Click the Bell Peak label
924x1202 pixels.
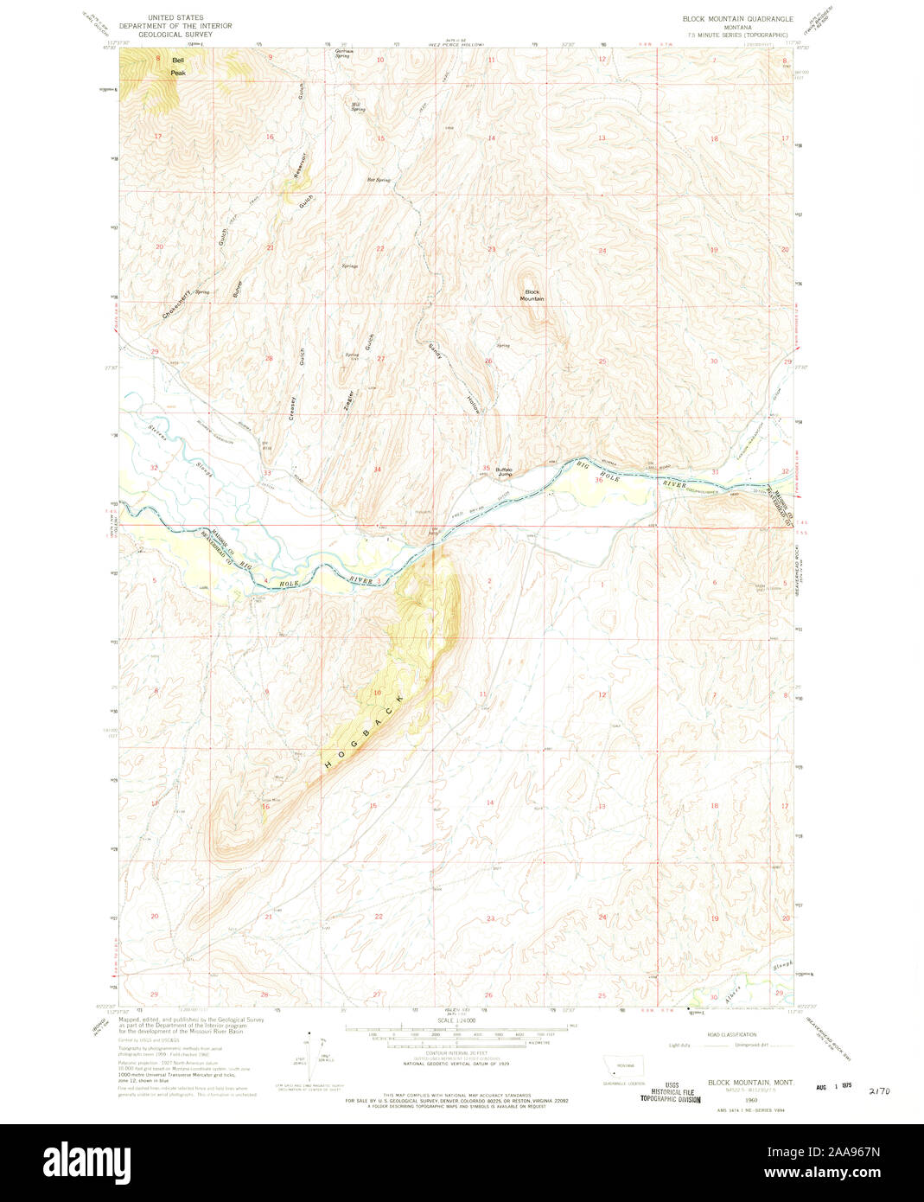pos(178,67)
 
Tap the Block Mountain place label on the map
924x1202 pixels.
pos(532,295)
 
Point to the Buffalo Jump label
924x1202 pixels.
pos(505,472)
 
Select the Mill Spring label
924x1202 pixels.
pos(358,107)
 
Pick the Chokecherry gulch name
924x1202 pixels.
pos(175,304)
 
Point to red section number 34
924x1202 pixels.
pos(377,470)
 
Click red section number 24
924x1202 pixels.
pos(602,251)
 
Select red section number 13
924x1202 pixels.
pos(602,138)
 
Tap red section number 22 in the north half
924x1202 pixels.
pos(379,249)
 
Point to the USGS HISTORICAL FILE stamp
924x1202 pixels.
pos(670,1091)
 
